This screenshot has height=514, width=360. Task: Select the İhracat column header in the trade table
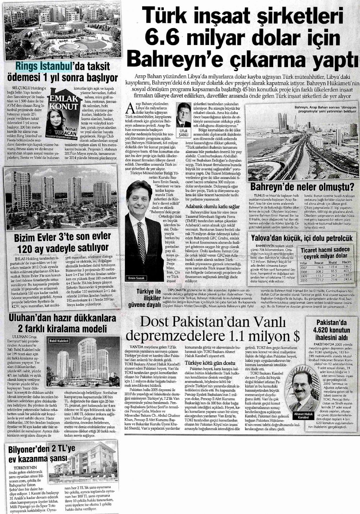pyautogui.click(x=318, y=263)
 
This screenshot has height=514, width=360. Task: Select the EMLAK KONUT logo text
pyautogui.click(x=63, y=103)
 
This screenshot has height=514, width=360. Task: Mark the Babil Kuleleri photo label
pyautogui.click(x=59, y=340)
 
